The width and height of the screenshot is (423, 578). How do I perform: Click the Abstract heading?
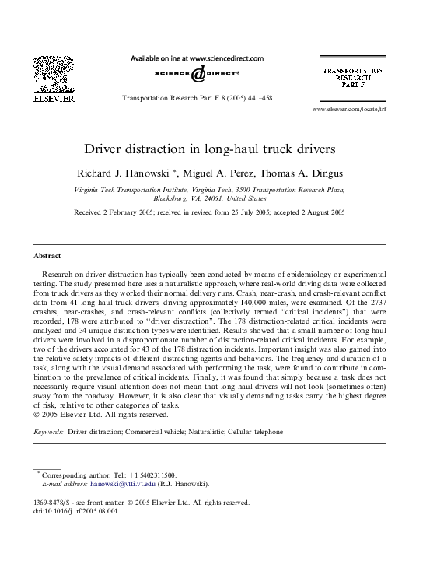click(48, 255)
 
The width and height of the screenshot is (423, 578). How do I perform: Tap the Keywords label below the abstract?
click(49, 430)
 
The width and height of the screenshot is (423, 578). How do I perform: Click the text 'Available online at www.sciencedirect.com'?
click(200, 58)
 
